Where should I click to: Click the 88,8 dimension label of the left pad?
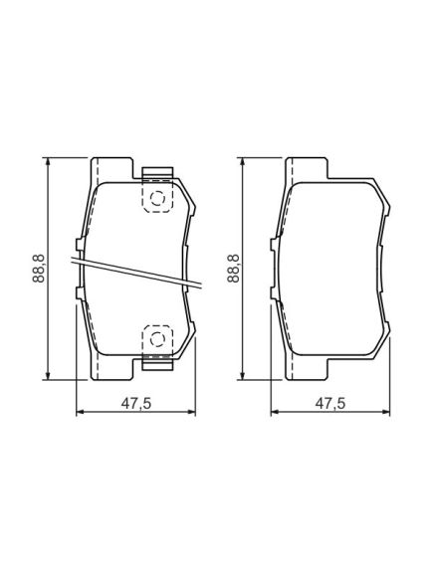38,269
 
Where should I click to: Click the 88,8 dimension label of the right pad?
233,269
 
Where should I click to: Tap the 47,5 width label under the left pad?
135,404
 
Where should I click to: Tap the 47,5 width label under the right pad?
330,404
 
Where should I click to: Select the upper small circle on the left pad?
157,199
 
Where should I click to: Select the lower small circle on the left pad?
157,339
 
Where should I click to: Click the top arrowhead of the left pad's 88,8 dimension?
48,162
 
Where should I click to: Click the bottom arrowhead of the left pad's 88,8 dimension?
48,375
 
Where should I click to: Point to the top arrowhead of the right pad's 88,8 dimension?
243,162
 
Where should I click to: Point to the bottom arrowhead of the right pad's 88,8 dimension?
243,375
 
